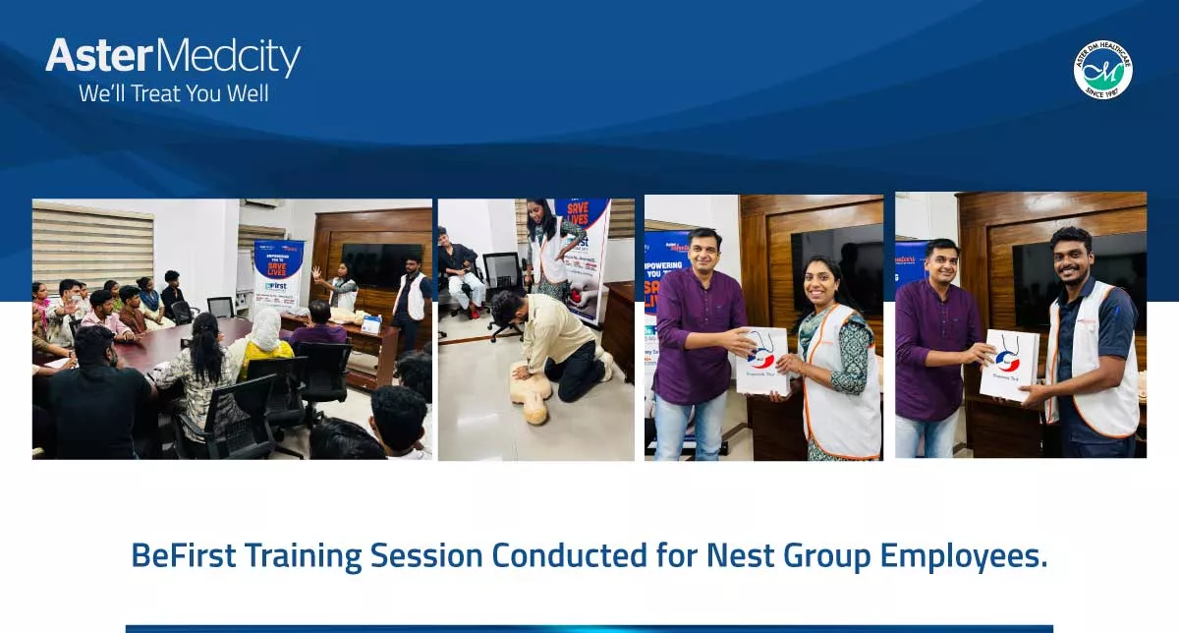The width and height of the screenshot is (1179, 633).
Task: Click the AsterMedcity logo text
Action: pos(173,57)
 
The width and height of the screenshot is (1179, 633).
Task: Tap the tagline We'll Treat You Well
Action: pos(173,94)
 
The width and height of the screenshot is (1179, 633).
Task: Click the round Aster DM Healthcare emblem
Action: pos(1102,70)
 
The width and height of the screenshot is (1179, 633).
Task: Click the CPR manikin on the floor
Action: pos(531,391)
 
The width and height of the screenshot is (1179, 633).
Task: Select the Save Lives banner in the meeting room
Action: pos(278,275)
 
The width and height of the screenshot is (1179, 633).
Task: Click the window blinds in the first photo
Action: pos(92,245)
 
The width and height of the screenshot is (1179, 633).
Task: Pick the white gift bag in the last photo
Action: pos(1009,364)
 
